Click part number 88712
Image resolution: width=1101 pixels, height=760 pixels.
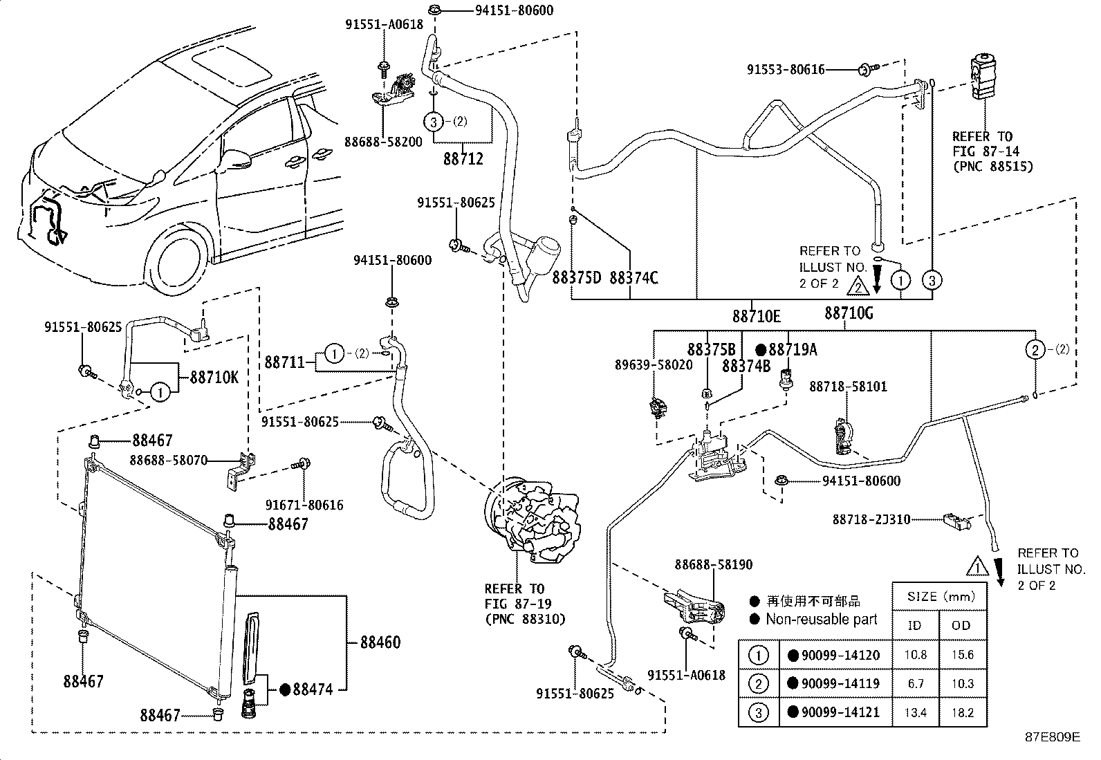(463, 158)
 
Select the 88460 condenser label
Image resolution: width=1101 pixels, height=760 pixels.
(380, 642)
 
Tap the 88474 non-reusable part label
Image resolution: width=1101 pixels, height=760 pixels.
(312, 689)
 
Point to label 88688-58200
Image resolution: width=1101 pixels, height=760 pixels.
(382, 142)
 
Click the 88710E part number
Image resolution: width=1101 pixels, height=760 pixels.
(757, 316)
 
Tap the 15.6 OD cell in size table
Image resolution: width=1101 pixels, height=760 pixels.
(962, 654)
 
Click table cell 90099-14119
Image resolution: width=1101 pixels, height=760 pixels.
(839, 683)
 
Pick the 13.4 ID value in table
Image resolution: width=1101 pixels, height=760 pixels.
(916, 712)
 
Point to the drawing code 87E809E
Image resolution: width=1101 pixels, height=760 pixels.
(1052, 736)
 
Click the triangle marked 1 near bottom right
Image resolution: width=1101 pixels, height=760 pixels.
(977, 567)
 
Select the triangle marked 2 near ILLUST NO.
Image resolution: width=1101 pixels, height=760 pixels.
(857, 284)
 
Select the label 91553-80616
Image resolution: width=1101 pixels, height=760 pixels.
(786, 70)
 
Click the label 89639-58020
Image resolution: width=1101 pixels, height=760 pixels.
(654, 364)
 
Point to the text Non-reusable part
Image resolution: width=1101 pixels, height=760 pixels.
(820, 619)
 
